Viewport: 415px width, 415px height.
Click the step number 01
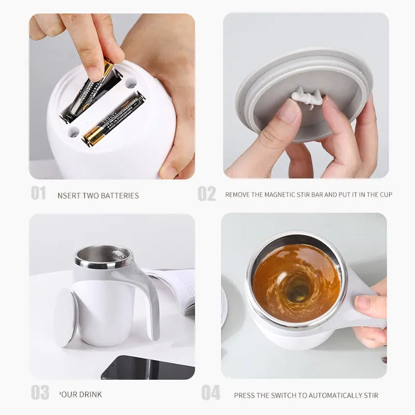(x=38, y=193)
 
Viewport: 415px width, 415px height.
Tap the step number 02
(x=206, y=193)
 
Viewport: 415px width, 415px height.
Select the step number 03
(x=39, y=392)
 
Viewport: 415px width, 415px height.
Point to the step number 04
(x=211, y=393)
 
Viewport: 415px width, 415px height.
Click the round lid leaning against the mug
(x=66, y=317)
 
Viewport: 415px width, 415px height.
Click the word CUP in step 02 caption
(x=385, y=195)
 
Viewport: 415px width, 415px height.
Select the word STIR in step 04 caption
(x=370, y=395)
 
